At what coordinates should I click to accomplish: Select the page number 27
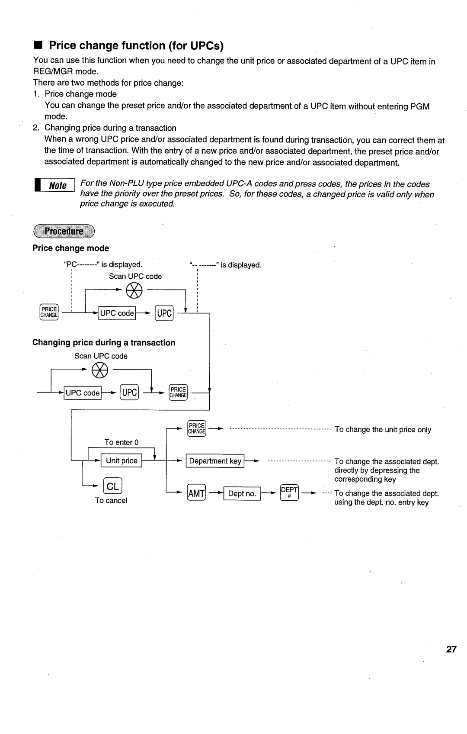(451, 649)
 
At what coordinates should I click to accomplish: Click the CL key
(112, 486)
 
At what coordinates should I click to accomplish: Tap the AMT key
(196, 493)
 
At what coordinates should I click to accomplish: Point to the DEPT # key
(289, 493)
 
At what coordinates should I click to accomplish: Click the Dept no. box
(242, 493)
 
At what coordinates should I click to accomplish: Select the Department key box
(215, 461)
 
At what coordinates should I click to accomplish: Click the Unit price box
(122, 461)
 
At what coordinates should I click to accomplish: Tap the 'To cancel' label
(111, 501)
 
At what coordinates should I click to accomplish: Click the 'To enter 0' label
(122, 442)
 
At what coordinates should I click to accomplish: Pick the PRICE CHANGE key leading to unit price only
(197, 428)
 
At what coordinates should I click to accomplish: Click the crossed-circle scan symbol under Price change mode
(134, 290)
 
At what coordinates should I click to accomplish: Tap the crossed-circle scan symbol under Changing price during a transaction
(99, 370)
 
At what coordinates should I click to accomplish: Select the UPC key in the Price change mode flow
(164, 313)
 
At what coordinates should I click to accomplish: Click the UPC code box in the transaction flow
(83, 393)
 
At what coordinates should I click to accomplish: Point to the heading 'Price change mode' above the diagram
(71, 248)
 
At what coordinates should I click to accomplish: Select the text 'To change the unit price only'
(383, 430)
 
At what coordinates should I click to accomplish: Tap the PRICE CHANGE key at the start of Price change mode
(49, 312)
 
